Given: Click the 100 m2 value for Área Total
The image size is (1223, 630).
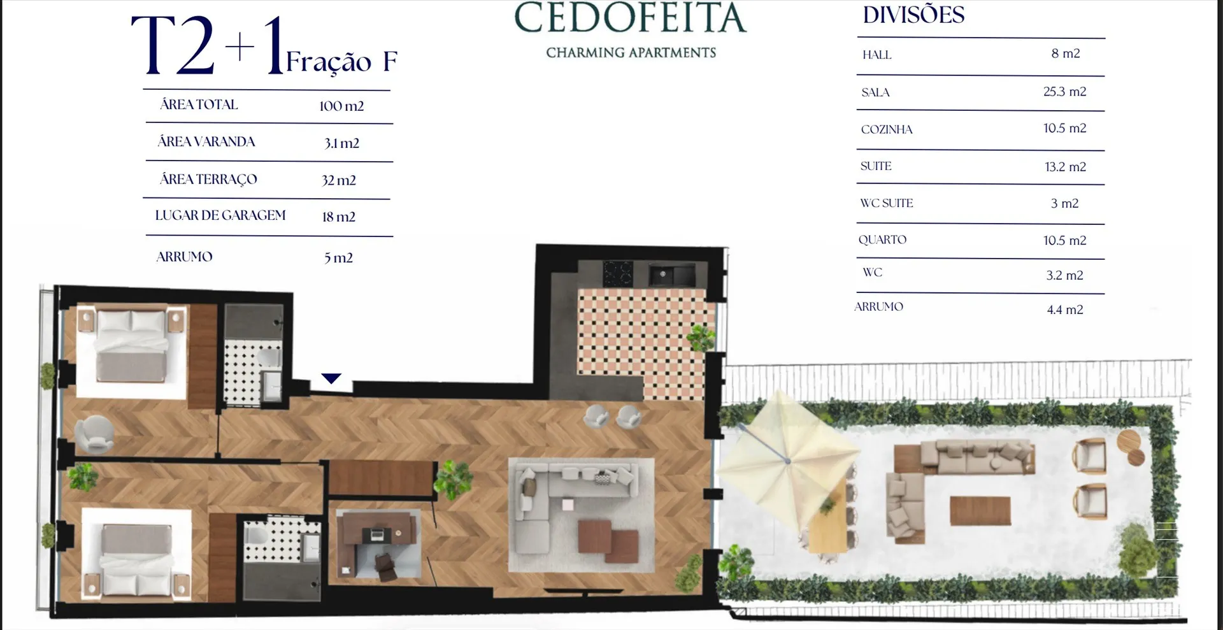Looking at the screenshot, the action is point(341,106).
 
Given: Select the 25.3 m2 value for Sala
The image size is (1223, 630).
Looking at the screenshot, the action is point(1064,92).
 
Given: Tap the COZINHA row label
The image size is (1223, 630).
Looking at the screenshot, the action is point(887,129).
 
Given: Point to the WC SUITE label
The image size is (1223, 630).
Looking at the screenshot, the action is point(887,203).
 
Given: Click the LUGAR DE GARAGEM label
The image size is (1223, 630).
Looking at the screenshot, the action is point(220,215).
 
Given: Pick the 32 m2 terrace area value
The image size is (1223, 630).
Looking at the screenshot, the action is point(339,180).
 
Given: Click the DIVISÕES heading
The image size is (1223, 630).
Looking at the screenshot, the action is point(913,15).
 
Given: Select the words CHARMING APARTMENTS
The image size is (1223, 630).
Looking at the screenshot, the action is point(631,52).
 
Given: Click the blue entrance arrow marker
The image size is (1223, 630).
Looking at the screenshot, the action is point(331,378).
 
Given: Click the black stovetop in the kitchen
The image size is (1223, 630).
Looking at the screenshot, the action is point(617,273).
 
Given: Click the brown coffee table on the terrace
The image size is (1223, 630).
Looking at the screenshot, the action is point(980,510).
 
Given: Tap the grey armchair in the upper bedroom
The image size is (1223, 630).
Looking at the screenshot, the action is point(94,434).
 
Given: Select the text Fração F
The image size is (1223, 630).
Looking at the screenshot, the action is point(341,62).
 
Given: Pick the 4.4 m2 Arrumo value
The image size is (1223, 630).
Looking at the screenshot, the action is point(1065,310).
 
